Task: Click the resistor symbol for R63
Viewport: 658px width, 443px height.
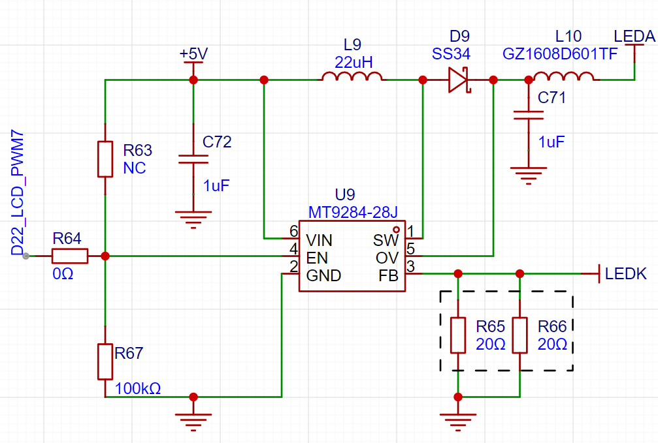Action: [x=105, y=159]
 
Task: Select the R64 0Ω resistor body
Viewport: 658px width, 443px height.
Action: [x=69, y=256]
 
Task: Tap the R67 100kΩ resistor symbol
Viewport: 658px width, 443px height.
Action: [x=105, y=361]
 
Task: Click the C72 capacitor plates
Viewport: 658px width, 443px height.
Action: [x=193, y=159]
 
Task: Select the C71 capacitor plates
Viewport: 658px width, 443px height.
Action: [x=528, y=115]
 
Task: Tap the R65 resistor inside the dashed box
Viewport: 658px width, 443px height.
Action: [x=459, y=335]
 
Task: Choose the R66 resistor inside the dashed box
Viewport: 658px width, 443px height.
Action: [x=520, y=335]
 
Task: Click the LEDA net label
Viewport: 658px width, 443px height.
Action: [x=634, y=37]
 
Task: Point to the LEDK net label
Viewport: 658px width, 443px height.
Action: [x=626, y=274]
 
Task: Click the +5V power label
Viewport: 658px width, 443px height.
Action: [x=193, y=54]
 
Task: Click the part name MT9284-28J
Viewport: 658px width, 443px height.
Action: [x=353, y=212]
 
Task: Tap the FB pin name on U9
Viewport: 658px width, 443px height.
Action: [x=387, y=276]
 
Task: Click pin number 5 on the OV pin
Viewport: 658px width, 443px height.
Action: [x=410, y=249]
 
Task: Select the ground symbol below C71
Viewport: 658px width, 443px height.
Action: [x=528, y=175]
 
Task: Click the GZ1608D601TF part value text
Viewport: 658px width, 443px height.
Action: [x=559, y=54]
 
